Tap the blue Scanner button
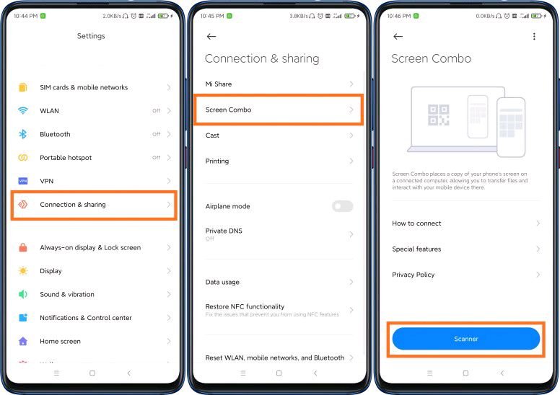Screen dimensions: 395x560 point(465,338)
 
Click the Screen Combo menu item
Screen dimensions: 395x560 point(228,110)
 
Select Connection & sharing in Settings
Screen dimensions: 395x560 point(73,205)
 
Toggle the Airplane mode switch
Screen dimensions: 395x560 point(342,206)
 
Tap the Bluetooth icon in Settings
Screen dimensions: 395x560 point(23,134)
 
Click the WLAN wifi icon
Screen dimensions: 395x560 point(23,111)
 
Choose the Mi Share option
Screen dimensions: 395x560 point(219,84)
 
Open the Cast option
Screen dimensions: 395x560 point(212,136)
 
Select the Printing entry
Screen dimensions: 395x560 point(217,161)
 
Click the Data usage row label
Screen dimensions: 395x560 point(222,282)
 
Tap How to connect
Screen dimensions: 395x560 point(416,223)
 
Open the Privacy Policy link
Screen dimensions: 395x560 point(414,275)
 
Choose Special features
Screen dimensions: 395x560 point(416,249)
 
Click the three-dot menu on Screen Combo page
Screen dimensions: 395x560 point(534,36)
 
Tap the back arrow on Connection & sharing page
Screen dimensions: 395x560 point(211,36)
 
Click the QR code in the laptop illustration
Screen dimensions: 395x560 point(438,115)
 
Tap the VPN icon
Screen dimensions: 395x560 point(23,181)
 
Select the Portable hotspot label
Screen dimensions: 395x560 point(66,158)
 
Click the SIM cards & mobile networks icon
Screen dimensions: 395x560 point(23,87)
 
